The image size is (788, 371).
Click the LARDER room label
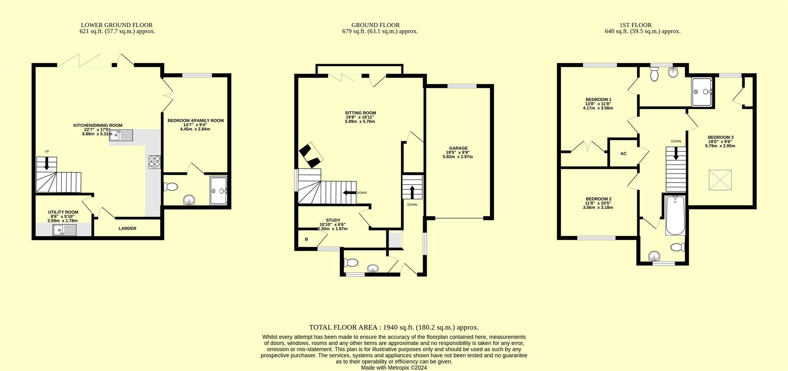pos(127,229)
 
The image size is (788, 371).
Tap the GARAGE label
pos(458,149)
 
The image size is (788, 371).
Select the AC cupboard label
pos(623,153)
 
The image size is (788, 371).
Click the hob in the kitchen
pos(155,161)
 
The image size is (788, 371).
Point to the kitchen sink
pos(121,135)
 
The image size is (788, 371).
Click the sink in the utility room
pos(64,230)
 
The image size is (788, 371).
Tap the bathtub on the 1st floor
pos(675,215)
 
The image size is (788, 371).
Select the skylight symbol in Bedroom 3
pos(720,180)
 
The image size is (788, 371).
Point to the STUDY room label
pos(333,220)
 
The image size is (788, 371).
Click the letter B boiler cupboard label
pos(306,239)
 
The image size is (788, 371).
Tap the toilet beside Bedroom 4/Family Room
pos(170,187)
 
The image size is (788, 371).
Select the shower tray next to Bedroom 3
pos(702,92)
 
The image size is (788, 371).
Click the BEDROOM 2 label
pos(598,199)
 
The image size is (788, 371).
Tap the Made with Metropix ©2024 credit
pos(394,368)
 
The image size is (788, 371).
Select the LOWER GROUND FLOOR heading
pos(117,25)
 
